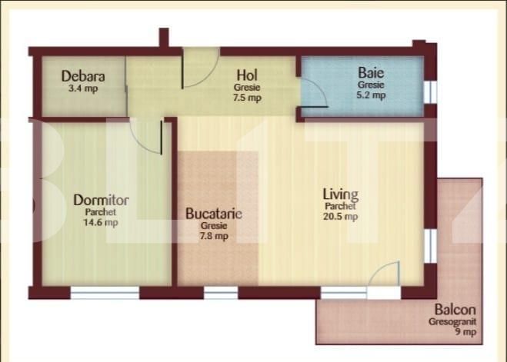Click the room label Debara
point(83,77)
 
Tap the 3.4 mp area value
point(83,88)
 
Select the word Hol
point(247,75)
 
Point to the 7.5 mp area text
point(248,98)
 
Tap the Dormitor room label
point(101,200)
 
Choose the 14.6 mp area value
point(102,223)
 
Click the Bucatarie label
point(214,214)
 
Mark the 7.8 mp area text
point(214,237)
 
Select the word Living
point(340,194)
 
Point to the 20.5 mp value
point(340,217)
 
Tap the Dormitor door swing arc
point(146,137)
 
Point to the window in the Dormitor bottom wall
point(105,292)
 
